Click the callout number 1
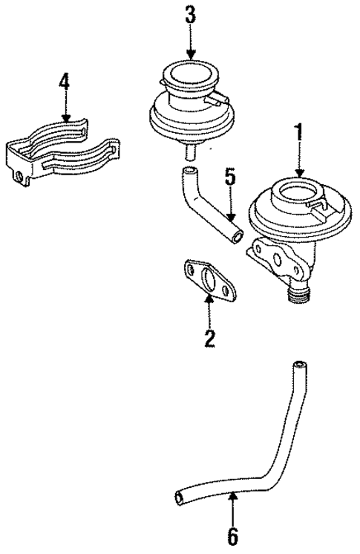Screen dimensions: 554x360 [x=300, y=135]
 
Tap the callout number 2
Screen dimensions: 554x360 [x=210, y=339]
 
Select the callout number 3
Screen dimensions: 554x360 [x=191, y=14]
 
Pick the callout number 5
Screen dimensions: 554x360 [x=230, y=178]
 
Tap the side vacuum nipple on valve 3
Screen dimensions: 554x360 [x=219, y=97]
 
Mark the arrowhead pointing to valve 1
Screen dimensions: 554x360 [x=300, y=172]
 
